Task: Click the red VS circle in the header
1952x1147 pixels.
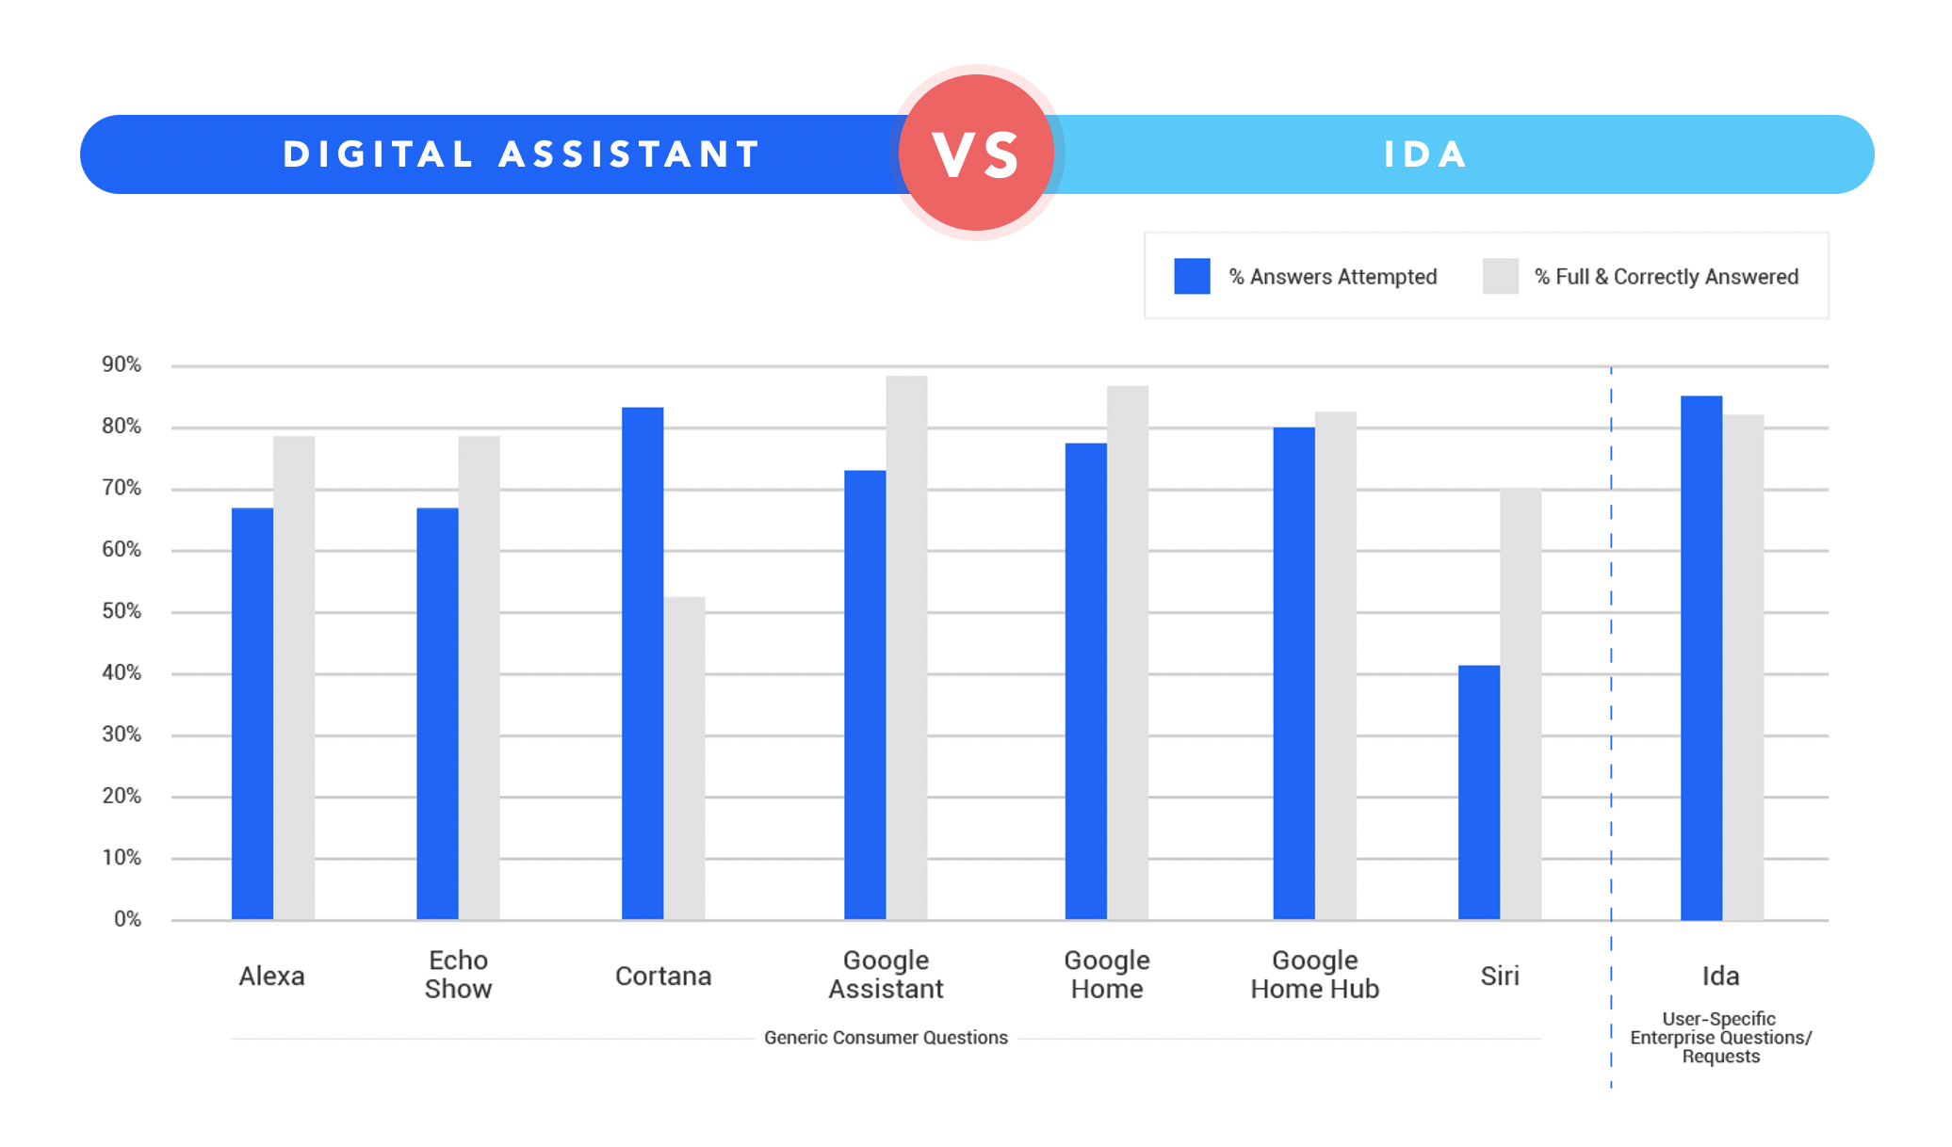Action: click(x=976, y=153)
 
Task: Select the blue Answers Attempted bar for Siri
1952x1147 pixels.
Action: click(x=1478, y=792)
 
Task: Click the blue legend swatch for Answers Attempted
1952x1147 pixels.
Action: click(x=1192, y=277)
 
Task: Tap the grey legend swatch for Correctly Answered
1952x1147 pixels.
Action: click(x=1500, y=277)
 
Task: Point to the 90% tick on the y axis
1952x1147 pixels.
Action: click(x=122, y=365)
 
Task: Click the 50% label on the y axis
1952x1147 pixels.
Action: click(x=122, y=612)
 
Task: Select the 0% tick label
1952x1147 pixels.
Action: click(x=127, y=919)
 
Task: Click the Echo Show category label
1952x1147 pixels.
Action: click(x=458, y=975)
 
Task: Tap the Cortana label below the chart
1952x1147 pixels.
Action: click(x=662, y=976)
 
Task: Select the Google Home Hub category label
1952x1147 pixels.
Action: click(x=1314, y=975)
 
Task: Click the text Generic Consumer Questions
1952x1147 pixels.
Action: click(x=886, y=1038)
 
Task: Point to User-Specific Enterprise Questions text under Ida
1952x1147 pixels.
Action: click(x=1720, y=1038)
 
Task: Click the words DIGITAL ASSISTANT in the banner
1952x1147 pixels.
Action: click(x=522, y=154)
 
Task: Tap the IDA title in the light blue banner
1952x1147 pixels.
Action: click(x=1425, y=154)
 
